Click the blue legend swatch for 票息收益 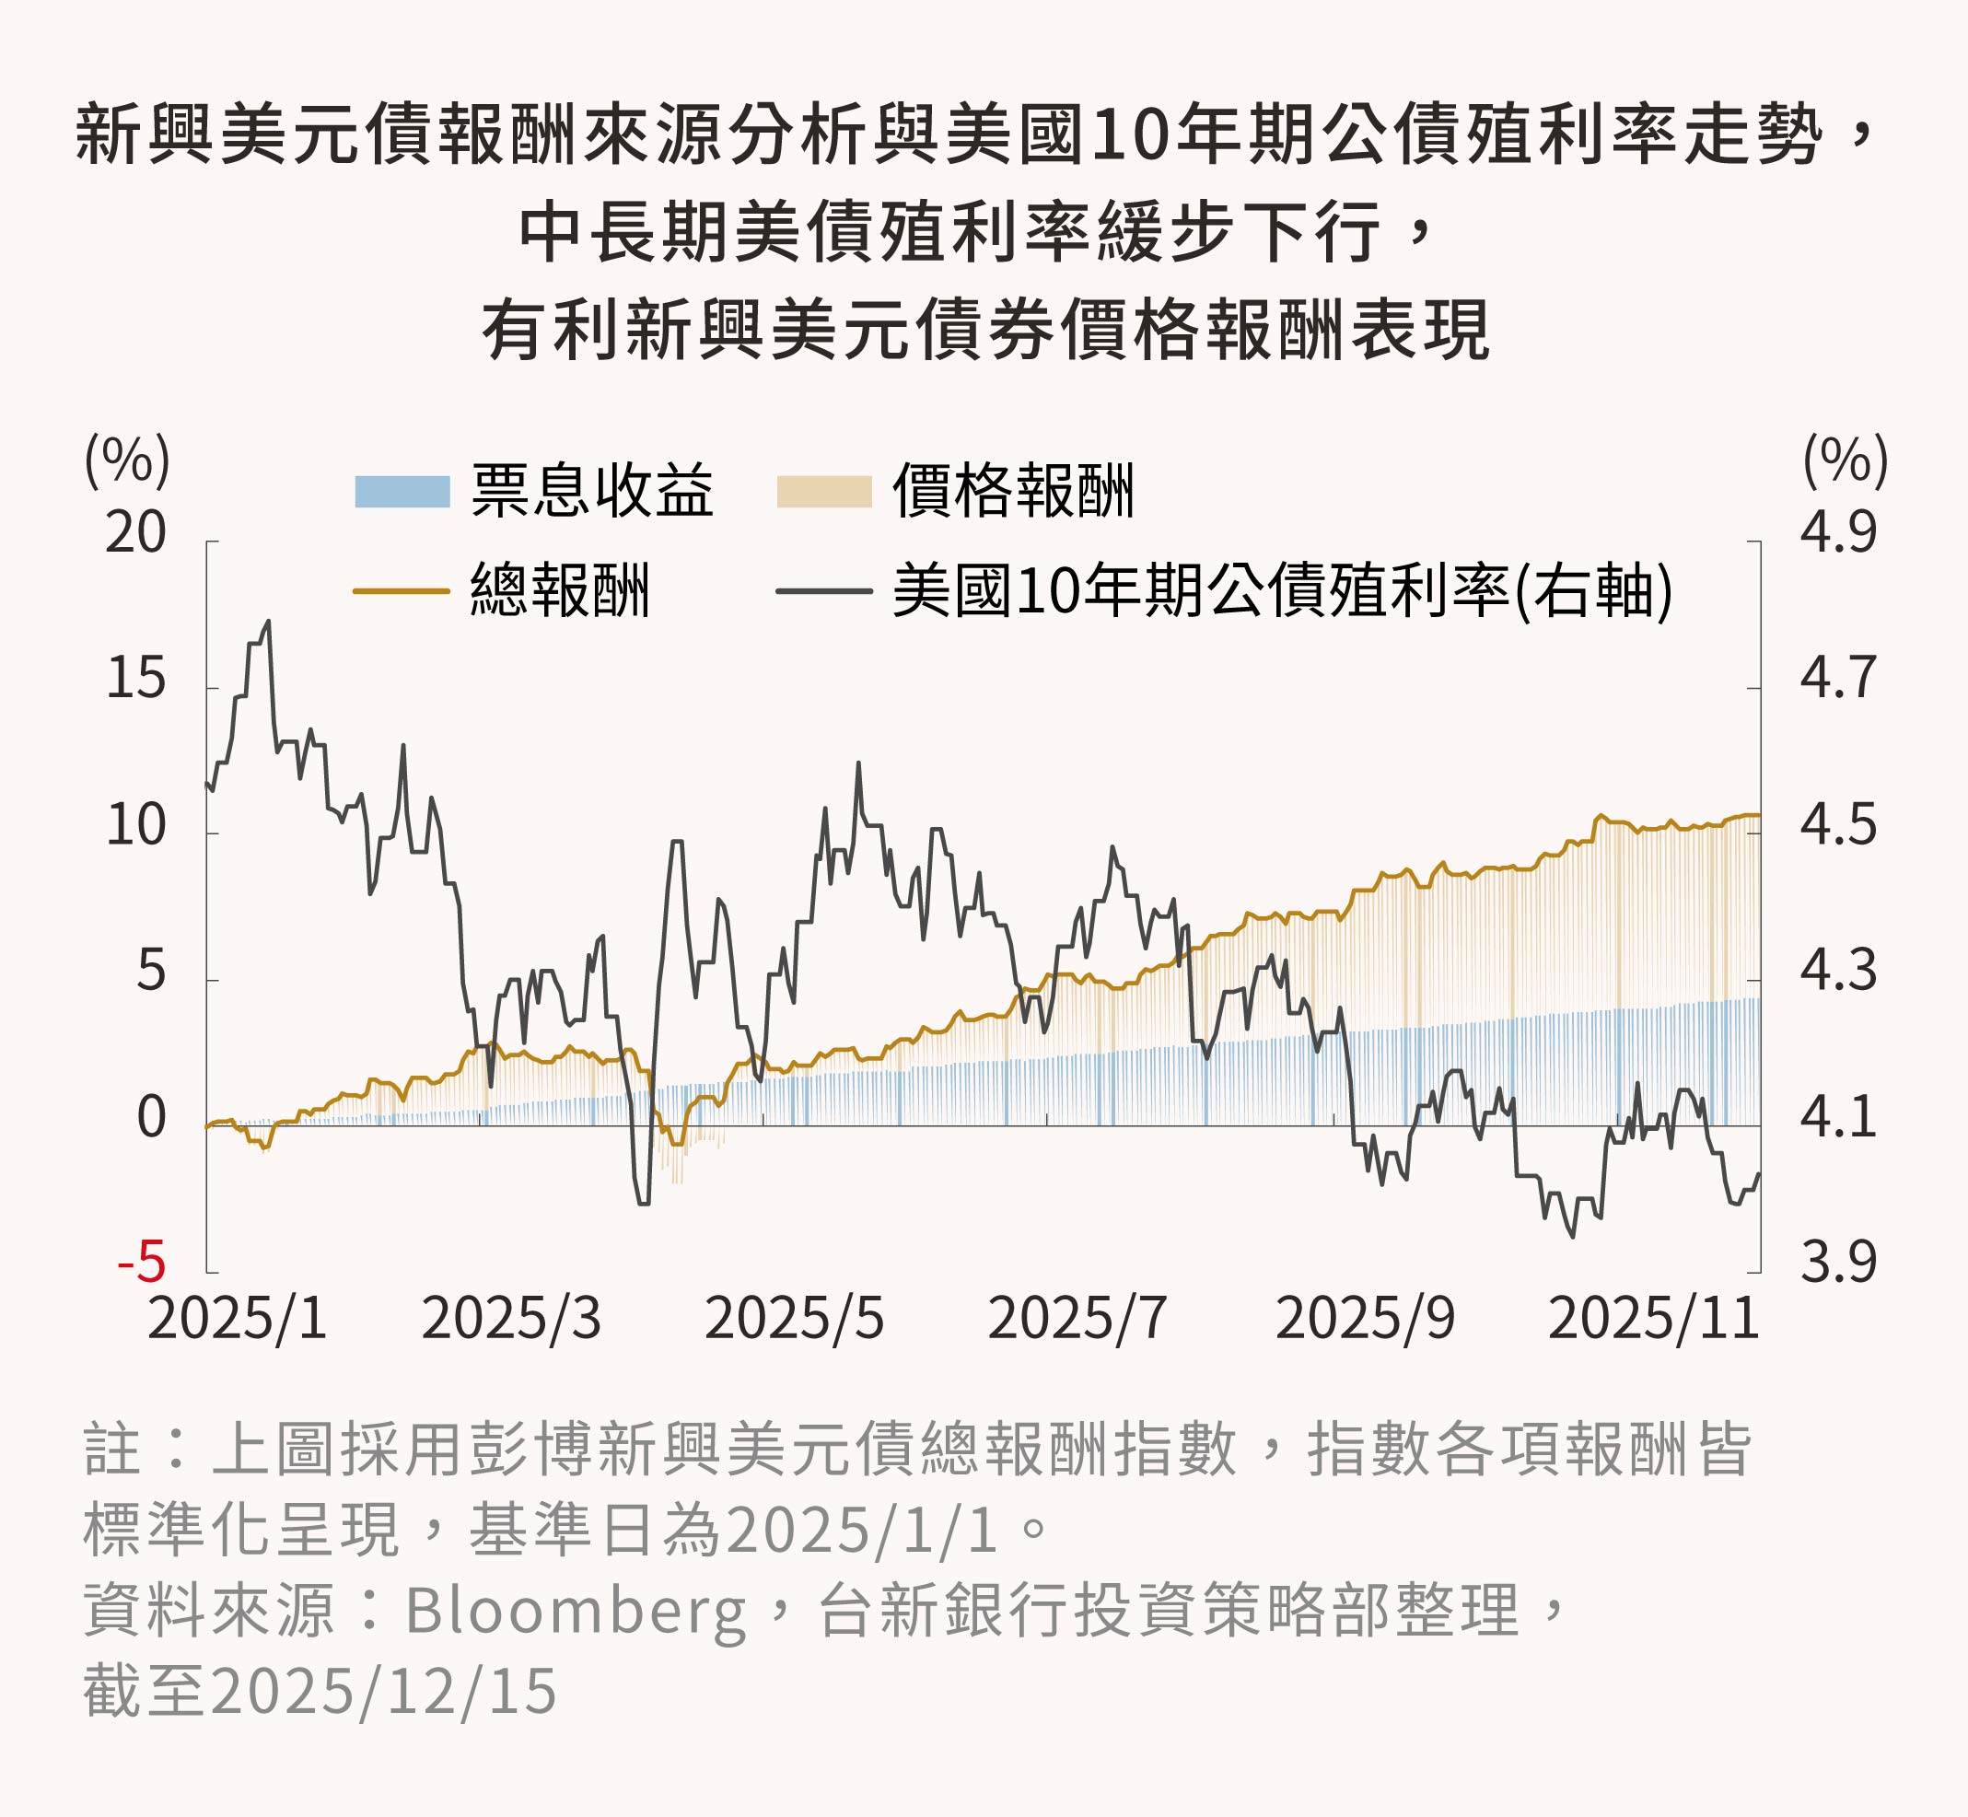(402, 492)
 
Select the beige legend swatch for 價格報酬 (824, 492)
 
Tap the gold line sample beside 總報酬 (402, 591)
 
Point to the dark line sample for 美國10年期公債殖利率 (824, 591)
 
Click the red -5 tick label (142, 1263)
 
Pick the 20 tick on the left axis (135, 534)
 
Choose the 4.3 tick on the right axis (1838, 971)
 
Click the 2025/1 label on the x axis (237, 1319)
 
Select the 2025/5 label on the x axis (794, 1319)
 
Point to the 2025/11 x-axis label (1653, 1319)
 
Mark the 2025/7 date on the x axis (1077, 1319)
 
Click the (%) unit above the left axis (128, 460)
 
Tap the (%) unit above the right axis (1846, 460)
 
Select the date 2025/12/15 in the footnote (383, 1692)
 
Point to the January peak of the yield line (268, 622)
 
